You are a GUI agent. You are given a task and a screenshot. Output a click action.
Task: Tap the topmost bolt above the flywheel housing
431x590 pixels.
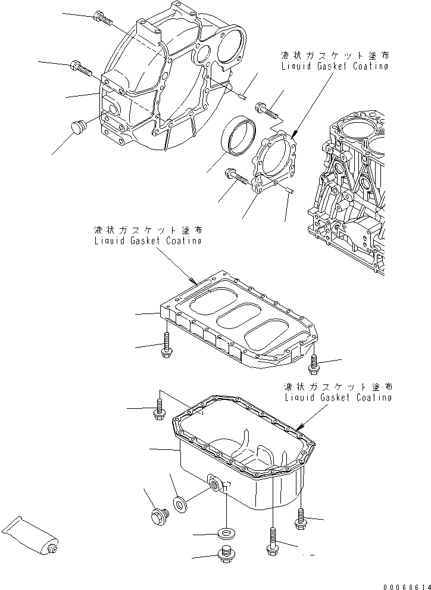[x=102, y=19]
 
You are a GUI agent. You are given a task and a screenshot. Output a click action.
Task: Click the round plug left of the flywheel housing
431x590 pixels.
[x=77, y=128]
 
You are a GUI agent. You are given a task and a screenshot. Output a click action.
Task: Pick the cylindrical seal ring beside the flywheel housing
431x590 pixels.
[x=239, y=137]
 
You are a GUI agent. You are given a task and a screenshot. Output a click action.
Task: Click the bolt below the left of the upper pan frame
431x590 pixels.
[x=166, y=346]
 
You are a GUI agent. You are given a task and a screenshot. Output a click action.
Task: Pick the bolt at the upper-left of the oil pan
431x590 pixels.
[x=159, y=408]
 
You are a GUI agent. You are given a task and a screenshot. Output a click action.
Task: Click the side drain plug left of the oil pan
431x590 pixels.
[x=157, y=516]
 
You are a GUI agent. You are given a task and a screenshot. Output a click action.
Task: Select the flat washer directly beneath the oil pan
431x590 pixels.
[x=226, y=532]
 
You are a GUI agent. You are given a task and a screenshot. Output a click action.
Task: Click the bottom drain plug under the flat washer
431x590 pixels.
[x=226, y=553]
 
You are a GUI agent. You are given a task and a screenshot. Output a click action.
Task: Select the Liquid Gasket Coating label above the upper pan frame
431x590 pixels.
[x=147, y=235]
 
